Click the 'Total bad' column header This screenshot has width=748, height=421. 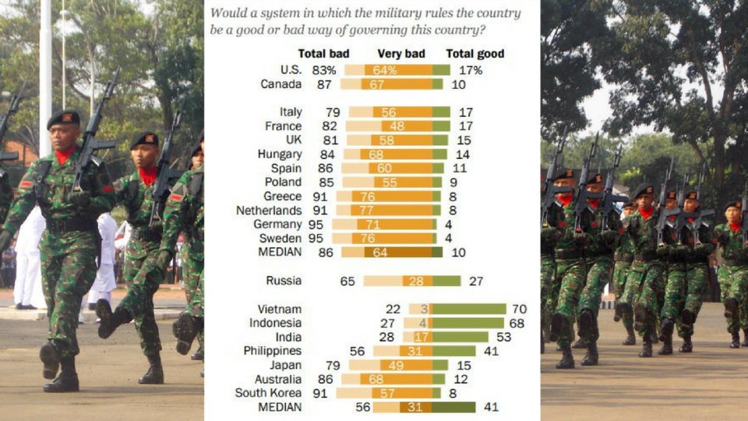click(x=323, y=54)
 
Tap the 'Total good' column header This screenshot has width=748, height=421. click(x=475, y=54)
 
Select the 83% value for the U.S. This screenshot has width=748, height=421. click(x=324, y=70)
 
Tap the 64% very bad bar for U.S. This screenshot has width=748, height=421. click(x=397, y=70)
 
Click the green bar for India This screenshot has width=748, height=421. click(x=460, y=338)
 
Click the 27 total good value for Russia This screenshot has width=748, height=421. click(x=475, y=281)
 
